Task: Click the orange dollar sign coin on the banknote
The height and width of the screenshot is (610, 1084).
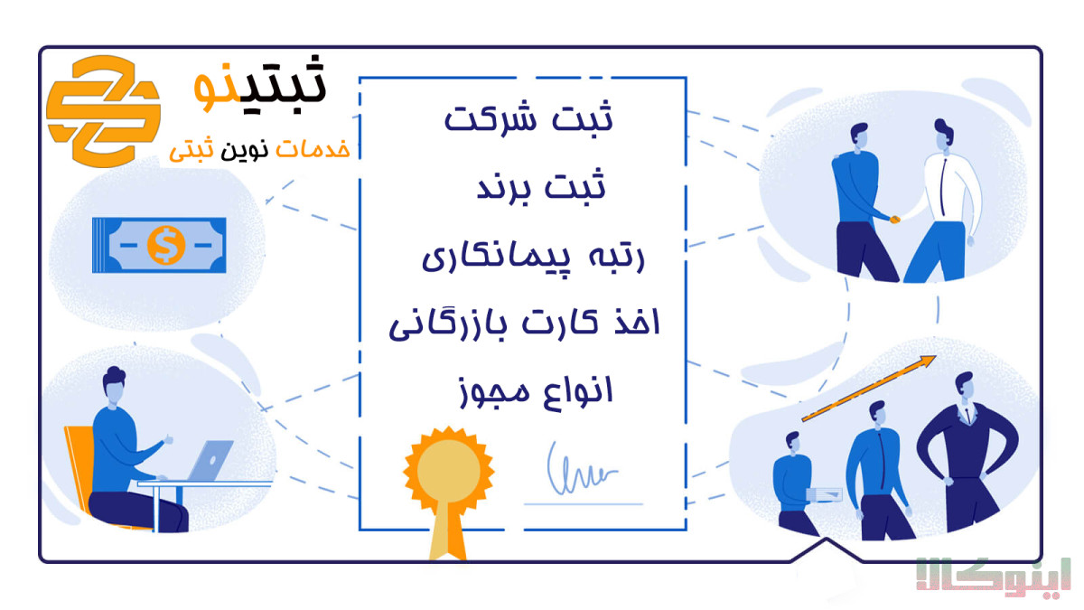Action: coord(166,245)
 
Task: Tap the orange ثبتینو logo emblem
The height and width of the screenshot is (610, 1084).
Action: coord(104,111)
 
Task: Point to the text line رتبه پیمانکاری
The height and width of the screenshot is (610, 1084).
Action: coord(534,257)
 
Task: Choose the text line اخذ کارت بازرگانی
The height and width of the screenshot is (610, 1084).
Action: coord(525,323)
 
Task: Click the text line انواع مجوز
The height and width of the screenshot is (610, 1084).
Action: coord(536,391)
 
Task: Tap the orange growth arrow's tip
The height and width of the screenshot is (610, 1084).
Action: coord(934,357)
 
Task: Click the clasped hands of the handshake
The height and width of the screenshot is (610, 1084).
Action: coord(895,220)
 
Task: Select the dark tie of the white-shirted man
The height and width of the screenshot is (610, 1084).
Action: coord(943,186)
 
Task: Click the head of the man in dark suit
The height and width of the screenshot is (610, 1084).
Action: coord(965,388)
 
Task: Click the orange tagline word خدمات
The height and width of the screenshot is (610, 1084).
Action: coord(313,149)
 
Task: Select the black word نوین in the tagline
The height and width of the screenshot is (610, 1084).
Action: coord(245,150)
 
